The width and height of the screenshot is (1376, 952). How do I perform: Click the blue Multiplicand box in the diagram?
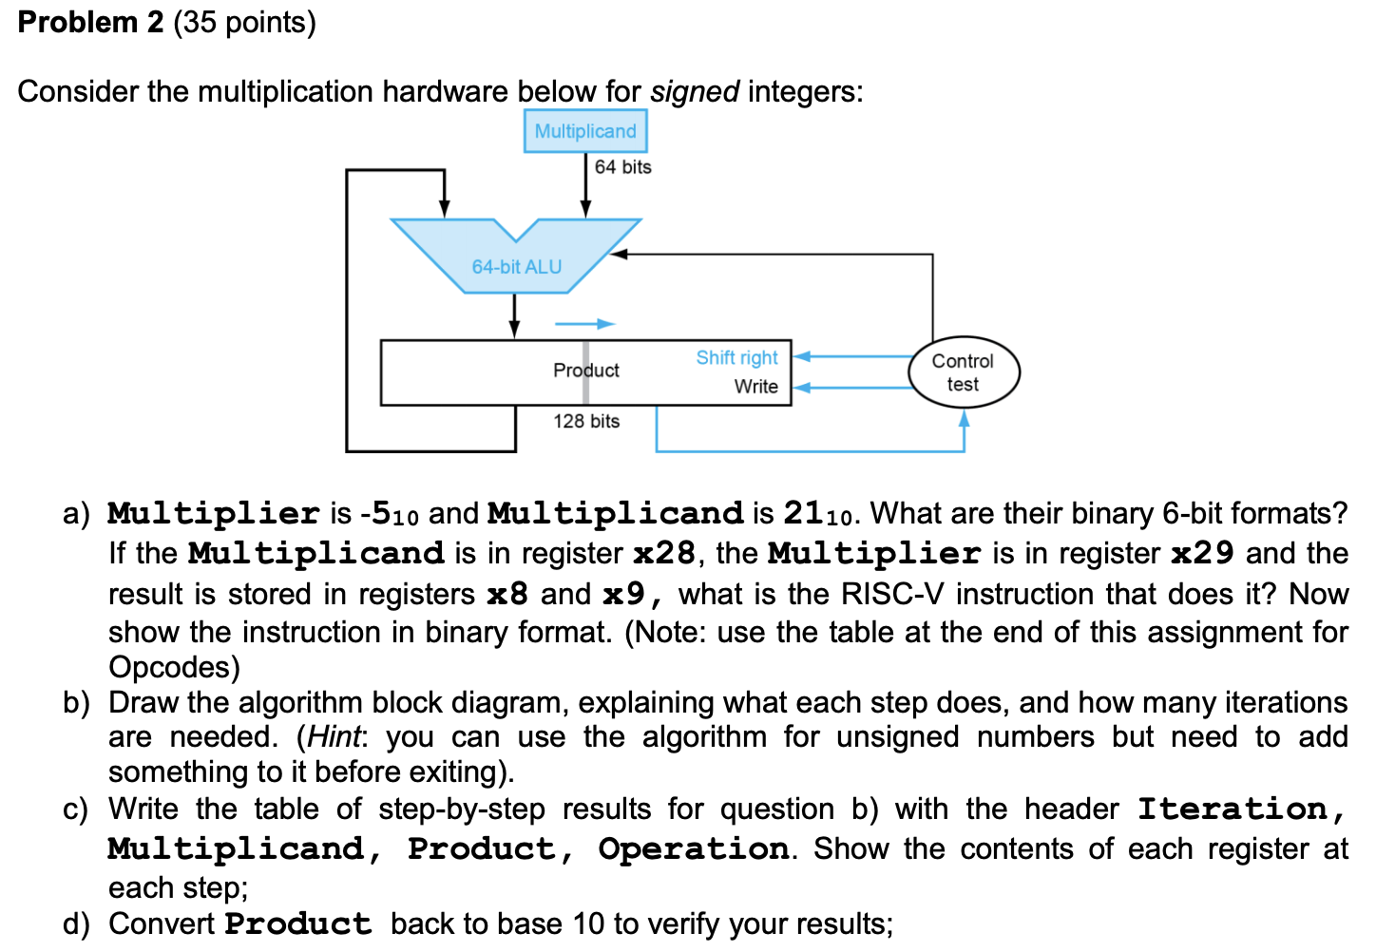585,131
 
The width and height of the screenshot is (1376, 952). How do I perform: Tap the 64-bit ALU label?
516,267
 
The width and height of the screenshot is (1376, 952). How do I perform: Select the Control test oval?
963,372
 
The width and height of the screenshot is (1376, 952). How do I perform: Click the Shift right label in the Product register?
736,357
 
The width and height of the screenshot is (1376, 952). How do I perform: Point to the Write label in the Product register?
755,387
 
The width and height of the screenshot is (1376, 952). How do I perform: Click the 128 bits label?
586,421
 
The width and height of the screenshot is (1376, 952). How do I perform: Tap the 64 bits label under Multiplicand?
622,167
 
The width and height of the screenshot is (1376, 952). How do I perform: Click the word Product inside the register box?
585,371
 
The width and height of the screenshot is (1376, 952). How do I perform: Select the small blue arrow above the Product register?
584,324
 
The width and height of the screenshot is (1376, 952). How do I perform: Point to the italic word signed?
694,91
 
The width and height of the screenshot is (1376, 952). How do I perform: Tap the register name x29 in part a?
1202,553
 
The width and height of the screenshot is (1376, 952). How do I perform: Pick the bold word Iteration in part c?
1233,809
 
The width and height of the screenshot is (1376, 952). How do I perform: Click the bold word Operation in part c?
693,848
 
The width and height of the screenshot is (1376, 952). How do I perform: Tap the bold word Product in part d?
297,923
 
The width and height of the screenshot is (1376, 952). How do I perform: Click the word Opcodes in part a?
174,667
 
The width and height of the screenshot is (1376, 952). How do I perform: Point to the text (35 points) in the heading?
244,22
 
